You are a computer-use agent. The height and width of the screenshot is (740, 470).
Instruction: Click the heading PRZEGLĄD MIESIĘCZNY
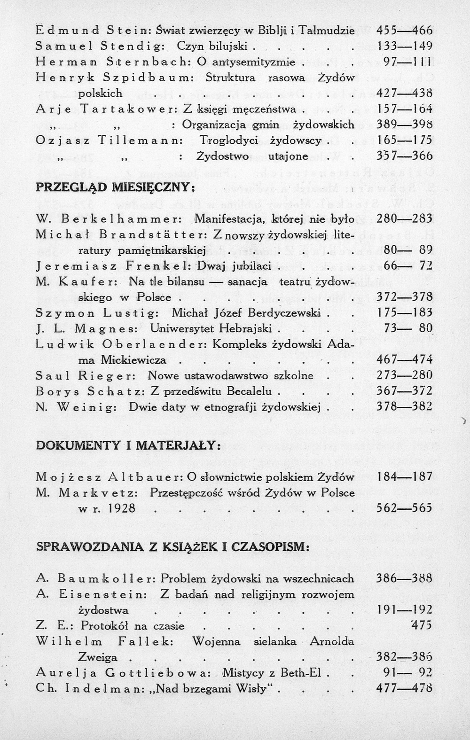115,187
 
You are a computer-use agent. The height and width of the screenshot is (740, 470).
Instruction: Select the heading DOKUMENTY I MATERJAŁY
128,445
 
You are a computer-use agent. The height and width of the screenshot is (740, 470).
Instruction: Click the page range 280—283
404,218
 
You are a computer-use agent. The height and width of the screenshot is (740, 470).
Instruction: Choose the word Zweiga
98,657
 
